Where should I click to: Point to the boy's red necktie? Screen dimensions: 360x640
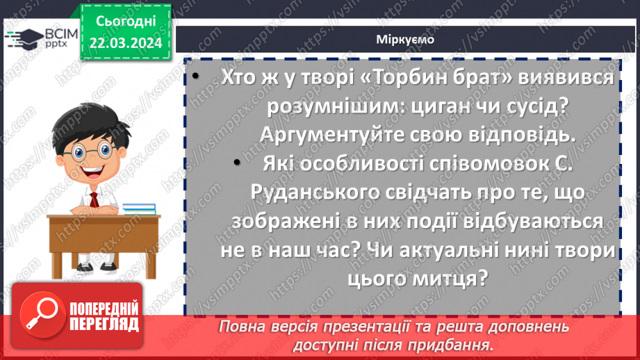tap(93, 201)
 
